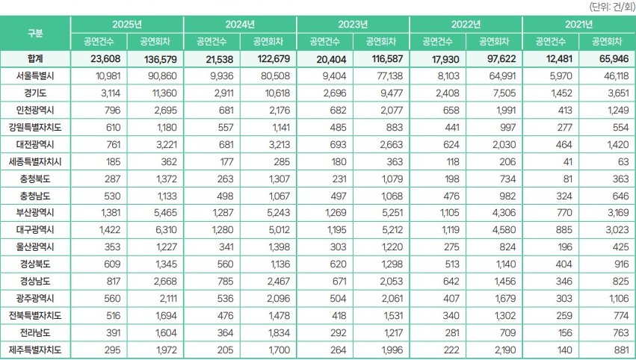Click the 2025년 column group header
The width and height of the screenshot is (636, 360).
pyautogui.click(x=127, y=24)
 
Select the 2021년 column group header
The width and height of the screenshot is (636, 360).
pyautogui.click(x=579, y=24)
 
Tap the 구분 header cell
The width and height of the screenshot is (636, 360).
pyautogui.click(x=35, y=33)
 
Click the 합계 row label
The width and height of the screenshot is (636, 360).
pyautogui.click(x=35, y=59)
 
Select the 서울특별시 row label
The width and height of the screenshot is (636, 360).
pyautogui.click(x=35, y=76)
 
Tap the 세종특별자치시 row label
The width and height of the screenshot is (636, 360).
pyautogui.click(x=35, y=161)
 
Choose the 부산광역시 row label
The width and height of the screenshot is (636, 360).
pyautogui.click(x=35, y=211)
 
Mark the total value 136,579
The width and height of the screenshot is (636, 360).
pyautogui.click(x=155, y=59)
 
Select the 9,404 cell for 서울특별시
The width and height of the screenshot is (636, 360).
pyautogui.click(x=327, y=76)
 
